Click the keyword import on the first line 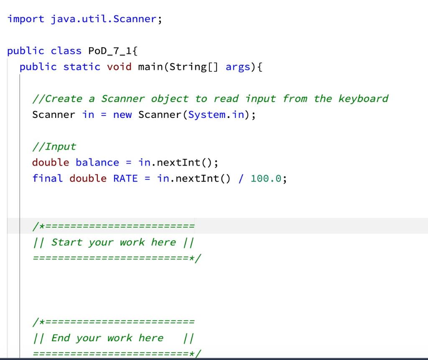point(26,19)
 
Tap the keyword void point(119,67)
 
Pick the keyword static point(82,67)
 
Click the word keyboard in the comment point(363,99)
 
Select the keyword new point(122,115)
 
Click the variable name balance point(97,162)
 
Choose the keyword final point(48,178)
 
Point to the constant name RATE point(125,178)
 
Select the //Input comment point(54,147)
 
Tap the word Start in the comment point(66,242)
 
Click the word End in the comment point(61,338)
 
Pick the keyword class point(66,51)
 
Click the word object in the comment point(170,99)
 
